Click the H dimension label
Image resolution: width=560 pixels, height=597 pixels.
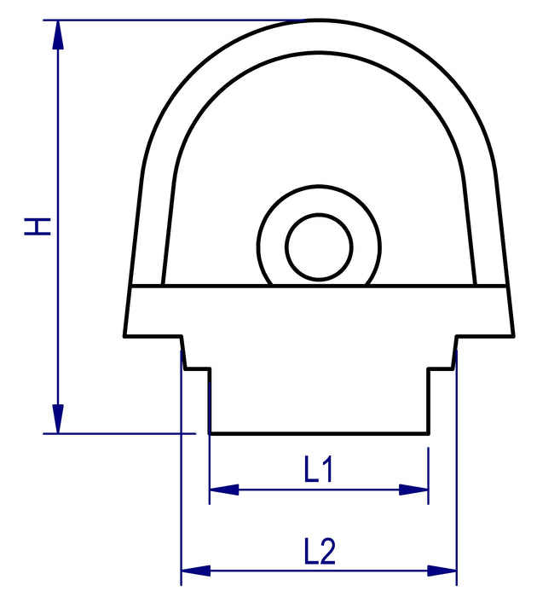[38, 226]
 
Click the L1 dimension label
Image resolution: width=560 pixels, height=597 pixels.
[319, 469]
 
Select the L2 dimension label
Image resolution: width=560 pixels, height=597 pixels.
[320, 551]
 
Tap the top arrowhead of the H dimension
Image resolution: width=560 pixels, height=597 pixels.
[58, 34]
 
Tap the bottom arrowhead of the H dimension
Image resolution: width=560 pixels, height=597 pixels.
[58, 419]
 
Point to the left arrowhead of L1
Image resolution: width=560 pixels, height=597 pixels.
[224, 490]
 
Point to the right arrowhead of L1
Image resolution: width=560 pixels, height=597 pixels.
[413, 490]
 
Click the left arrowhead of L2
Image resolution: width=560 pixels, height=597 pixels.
[196, 571]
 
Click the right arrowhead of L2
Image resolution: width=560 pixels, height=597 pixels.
[442, 571]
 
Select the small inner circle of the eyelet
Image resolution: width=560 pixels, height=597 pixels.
[319, 214]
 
